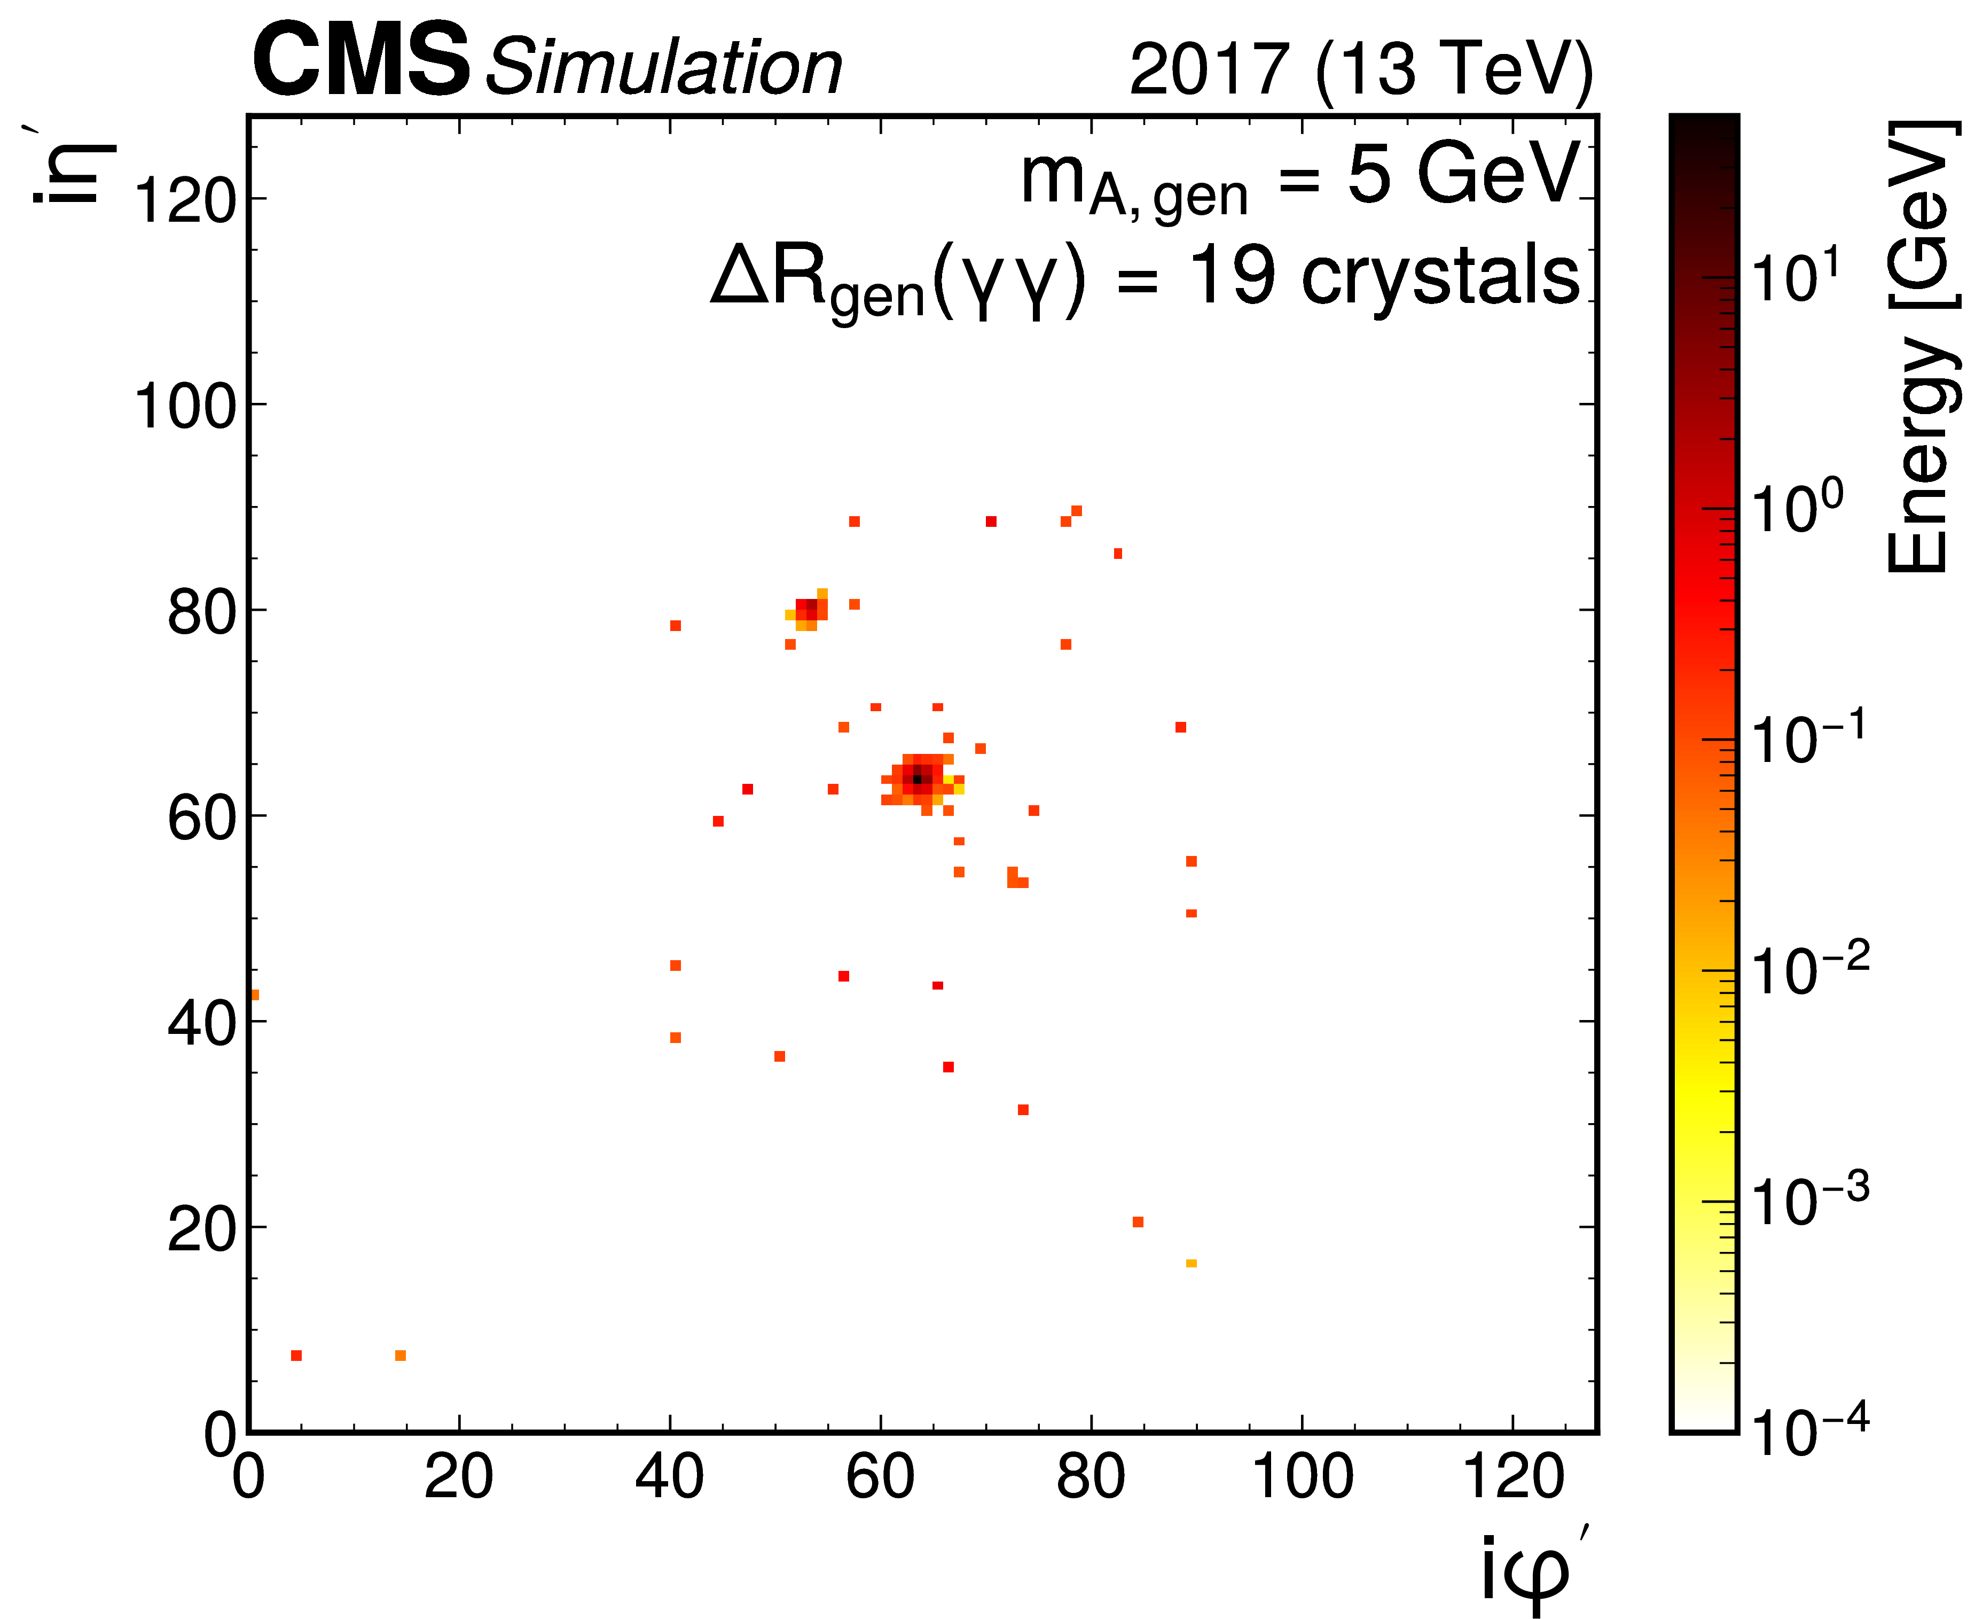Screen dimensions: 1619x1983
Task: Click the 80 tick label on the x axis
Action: pyautogui.click(x=1090, y=1478)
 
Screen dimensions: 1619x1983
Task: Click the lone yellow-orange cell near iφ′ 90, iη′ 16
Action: pyautogui.click(x=1192, y=1264)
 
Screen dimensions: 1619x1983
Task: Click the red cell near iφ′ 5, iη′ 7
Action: pyautogui.click(x=296, y=1356)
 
